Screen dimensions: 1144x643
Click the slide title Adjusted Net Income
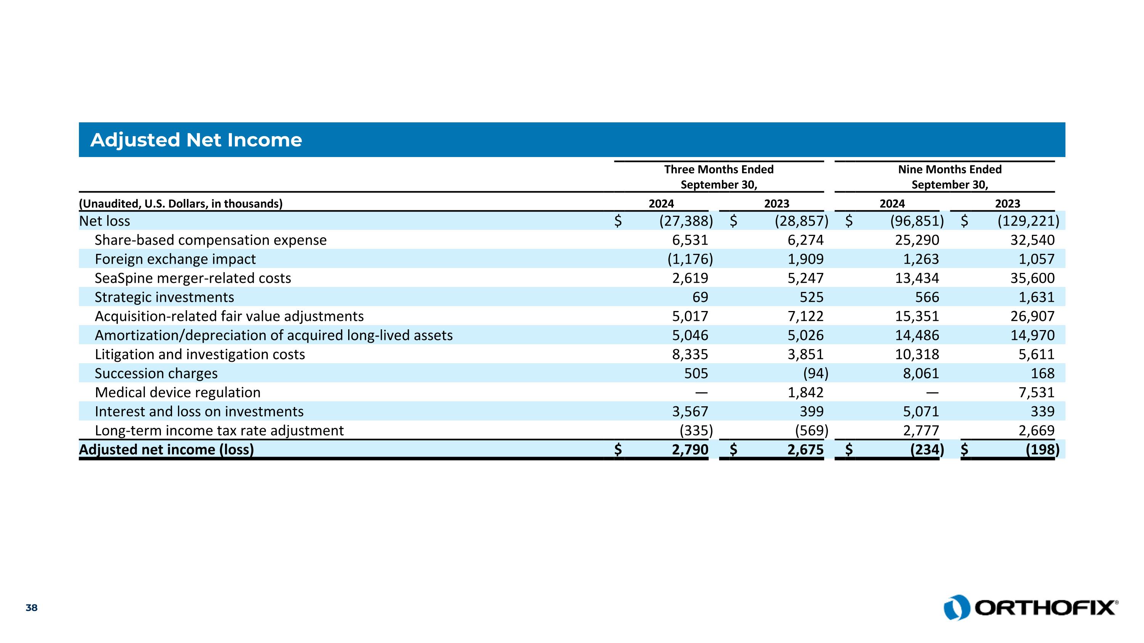tap(196, 140)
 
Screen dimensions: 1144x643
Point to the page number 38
tap(32, 608)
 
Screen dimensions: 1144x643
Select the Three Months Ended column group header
tap(718, 176)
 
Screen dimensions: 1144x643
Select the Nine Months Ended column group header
tap(950, 176)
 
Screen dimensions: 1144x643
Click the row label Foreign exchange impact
tap(175, 259)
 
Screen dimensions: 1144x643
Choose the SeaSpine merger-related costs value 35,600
tap(1032, 278)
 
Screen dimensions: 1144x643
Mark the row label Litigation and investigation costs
tap(200, 354)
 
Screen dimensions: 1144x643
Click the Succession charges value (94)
tap(815, 373)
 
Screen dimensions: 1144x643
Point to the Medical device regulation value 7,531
tap(1036, 392)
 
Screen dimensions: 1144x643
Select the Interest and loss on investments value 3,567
tap(690, 411)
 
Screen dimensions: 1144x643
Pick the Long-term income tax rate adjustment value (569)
tap(811, 430)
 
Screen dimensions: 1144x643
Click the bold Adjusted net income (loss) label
tap(167, 449)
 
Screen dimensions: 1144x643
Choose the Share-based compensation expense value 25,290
tap(917, 240)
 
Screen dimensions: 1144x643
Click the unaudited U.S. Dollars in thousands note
tap(181, 204)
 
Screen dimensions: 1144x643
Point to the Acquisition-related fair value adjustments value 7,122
tap(806, 316)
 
